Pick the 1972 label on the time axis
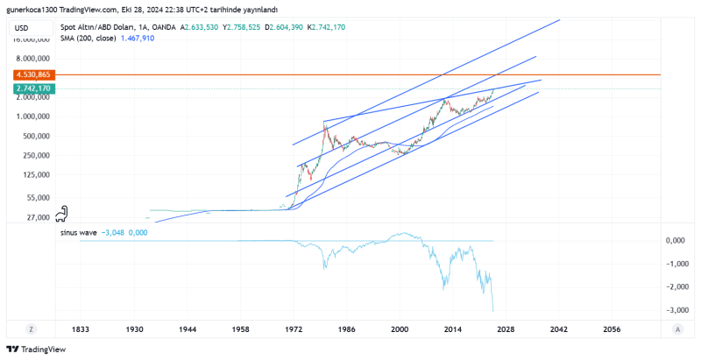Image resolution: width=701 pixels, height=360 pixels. pyautogui.click(x=294, y=329)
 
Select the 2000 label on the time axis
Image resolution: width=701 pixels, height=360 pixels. pyautogui.click(x=400, y=329)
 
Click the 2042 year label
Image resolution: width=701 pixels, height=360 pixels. pyautogui.click(x=559, y=329)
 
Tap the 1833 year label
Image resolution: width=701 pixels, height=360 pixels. pyautogui.click(x=81, y=329)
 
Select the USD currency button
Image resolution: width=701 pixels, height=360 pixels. pyautogui.click(x=23, y=28)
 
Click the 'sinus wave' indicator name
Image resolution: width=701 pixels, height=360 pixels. pyautogui.click(x=79, y=233)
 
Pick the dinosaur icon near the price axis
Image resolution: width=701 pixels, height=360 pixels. pyautogui.click(x=62, y=213)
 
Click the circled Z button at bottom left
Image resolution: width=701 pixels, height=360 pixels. pyautogui.click(x=30, y=329)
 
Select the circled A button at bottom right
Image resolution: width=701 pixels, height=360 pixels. pyautogui.click(x=677, y=329)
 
